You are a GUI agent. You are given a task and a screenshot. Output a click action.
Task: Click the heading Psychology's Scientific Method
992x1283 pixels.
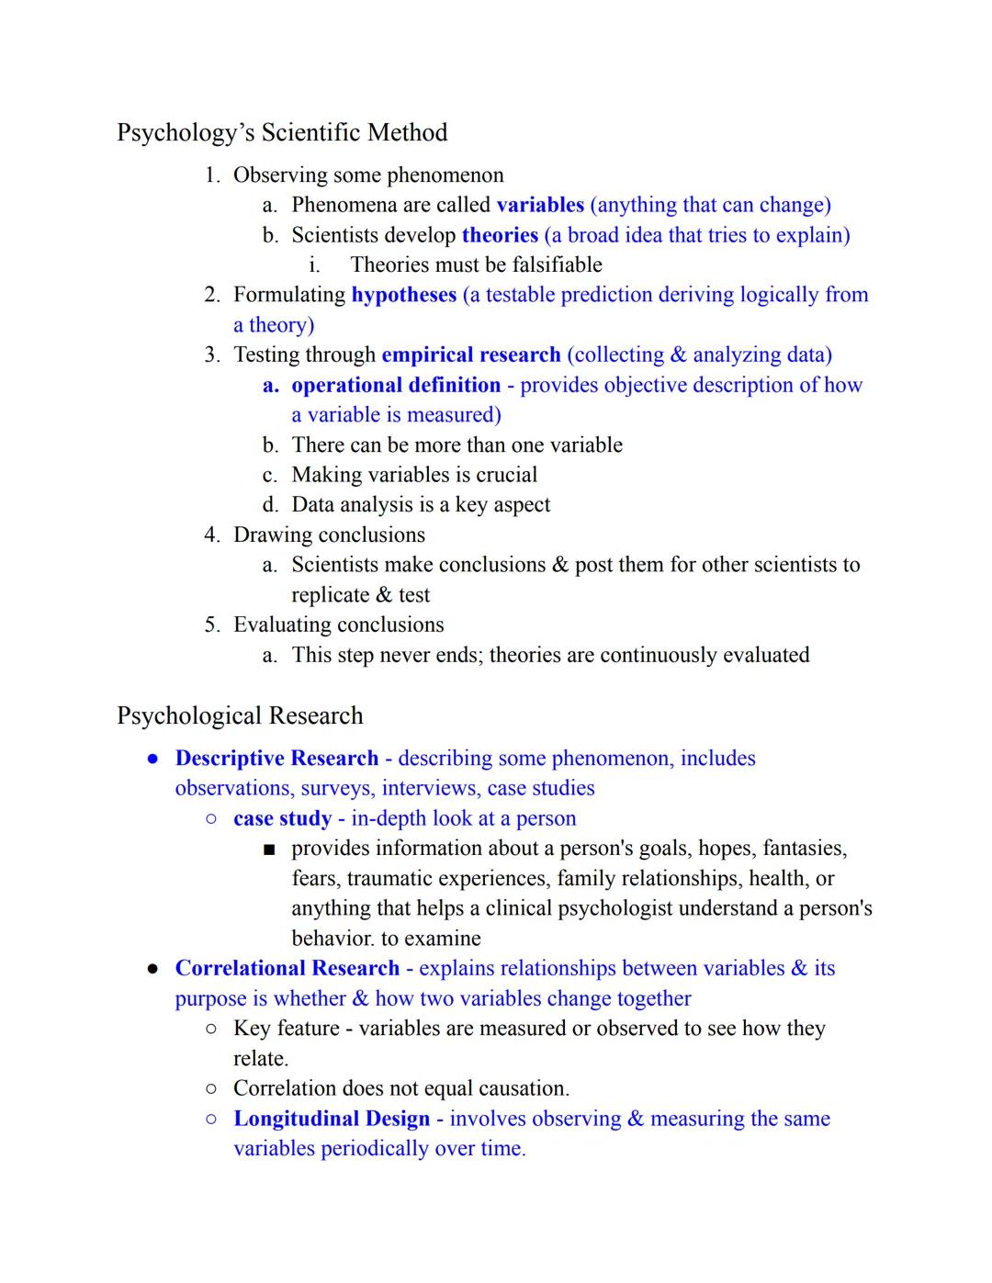[282, 133]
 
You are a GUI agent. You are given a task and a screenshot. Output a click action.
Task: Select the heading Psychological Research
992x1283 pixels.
[240, 716]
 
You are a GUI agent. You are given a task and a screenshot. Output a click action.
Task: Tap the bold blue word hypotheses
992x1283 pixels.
[403, 295]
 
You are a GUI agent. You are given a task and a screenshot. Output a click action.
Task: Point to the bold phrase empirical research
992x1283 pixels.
[470, 355]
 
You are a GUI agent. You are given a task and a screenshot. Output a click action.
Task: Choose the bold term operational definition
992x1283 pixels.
[396, 385]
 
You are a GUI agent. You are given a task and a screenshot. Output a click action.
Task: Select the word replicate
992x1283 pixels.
[331, 595]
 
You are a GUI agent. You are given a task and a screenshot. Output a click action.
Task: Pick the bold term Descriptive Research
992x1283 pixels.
[276, 759]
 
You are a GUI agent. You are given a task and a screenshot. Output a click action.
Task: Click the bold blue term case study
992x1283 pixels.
[282, 818]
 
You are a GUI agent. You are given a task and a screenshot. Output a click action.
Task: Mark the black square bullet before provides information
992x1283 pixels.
[269, 850]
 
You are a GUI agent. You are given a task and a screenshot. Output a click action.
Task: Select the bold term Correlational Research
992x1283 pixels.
[287, 969]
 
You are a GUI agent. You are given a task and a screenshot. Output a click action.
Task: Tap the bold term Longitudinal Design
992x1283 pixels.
[332, 1119]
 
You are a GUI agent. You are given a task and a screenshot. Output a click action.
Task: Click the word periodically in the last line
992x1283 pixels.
[374, 1149]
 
